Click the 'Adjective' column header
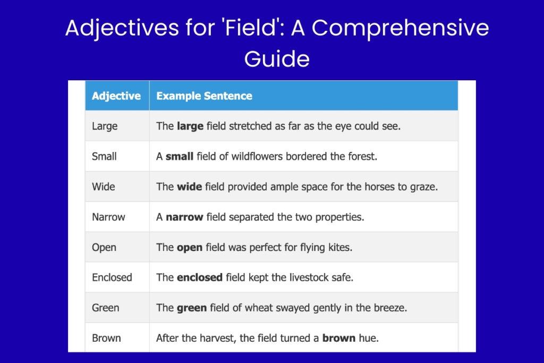116,96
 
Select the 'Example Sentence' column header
204,96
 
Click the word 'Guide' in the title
277,58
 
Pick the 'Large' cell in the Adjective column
105,126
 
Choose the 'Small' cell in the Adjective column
104,157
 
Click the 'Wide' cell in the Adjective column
103,187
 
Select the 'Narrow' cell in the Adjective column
108,217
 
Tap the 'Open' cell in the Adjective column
104,247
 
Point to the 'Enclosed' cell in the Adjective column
112,277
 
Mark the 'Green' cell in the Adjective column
105,308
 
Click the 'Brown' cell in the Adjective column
106,338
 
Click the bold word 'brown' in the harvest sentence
338,338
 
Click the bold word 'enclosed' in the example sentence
199,277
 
